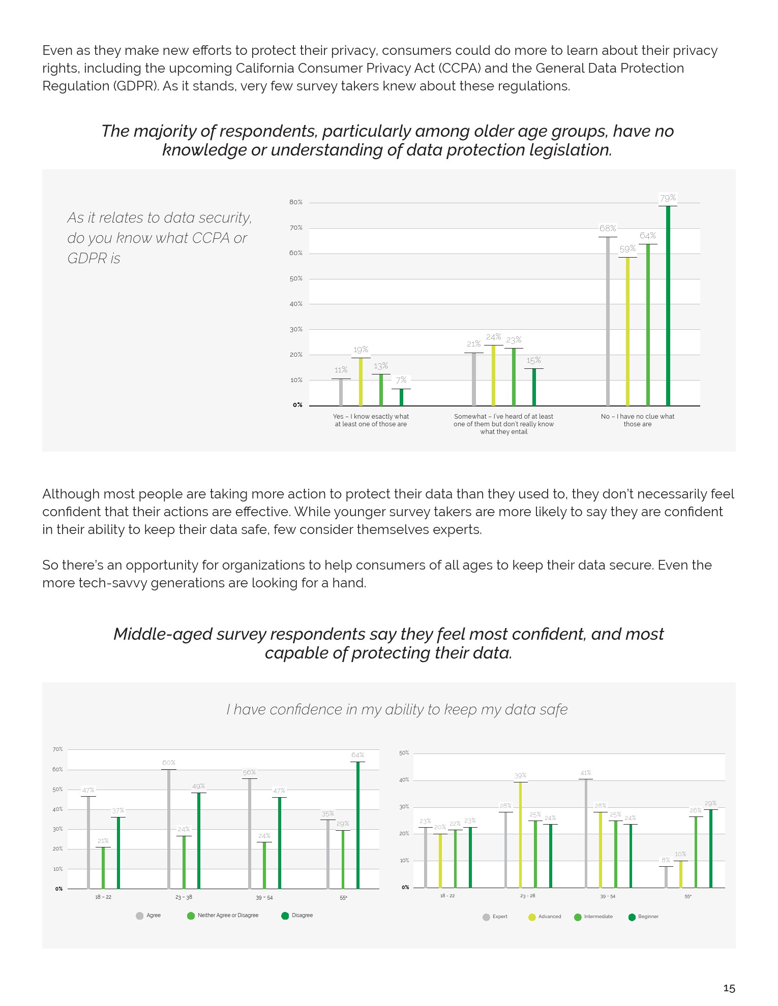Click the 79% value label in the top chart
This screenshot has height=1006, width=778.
[668, 198]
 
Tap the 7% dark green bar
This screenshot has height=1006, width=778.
[401, 397]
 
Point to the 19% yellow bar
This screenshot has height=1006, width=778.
[361, 382]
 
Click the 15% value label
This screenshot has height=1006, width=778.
[533, 361]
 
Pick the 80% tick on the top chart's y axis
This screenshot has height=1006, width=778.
[296, 202]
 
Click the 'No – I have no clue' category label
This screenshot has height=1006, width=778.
[637, 420]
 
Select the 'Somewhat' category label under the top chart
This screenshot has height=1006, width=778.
[503, 424]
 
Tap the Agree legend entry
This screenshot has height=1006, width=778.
[148, 916]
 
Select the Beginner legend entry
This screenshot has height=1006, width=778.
[643, 917]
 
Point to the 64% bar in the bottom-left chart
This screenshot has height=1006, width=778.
[357, 825]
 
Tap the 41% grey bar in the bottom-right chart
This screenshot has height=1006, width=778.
[586, 833]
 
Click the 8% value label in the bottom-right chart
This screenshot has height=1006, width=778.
[666, 860]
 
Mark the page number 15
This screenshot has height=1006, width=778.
[729, 988]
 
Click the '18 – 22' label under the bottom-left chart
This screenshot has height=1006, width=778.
[103, 897]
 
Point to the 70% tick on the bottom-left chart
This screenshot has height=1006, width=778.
[57, 749]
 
